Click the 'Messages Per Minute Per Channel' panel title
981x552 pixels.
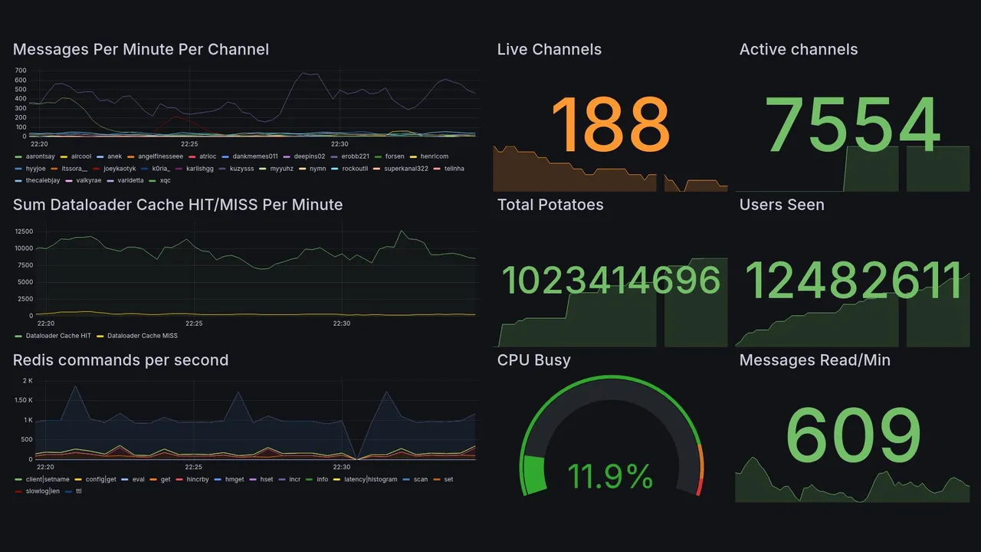[x=141, y=50]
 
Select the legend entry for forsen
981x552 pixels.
[x=394, y=156]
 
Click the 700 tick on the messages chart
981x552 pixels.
[x=21, y=70]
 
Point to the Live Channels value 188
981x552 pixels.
[x=610, y=124]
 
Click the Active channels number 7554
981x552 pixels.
[x=853, y=124]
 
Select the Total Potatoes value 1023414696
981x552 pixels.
[x=611, y=281]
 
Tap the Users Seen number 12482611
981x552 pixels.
[x=853, y=281]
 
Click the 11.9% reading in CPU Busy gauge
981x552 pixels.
[x=610, y=476]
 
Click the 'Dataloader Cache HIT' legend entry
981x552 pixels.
[x=58, y=336]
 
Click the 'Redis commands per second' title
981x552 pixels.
[x=120, y=360]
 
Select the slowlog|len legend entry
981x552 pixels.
[x=43, y=491]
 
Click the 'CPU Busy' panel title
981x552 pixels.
[x=533, y=360]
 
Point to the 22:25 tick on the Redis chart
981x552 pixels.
[x=193, y=467]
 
